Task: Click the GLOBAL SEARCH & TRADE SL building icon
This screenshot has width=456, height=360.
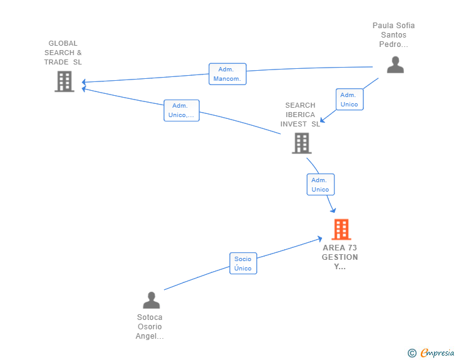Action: click(x=65, y=81)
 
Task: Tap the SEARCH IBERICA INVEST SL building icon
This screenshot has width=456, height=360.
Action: click(x=302, y=143)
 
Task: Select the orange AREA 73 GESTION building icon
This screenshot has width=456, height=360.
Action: click(x=341, y=230)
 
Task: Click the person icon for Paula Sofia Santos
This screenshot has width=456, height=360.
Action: click(x=395, y=64)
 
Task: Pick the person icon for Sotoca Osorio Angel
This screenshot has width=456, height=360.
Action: click(x=152, y=300)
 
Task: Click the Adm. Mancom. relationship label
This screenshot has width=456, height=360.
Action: click(x=227, y=74)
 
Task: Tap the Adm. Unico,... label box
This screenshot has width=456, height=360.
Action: click(x=181, y=110)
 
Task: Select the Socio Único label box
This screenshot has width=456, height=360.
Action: click(x=243, y=264)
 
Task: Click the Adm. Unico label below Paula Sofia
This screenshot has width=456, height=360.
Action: click(x=349, y=100)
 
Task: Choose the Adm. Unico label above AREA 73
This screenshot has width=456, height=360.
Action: click(x=320, y=185)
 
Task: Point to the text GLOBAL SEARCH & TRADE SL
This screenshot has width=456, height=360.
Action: click(x=63, y=53)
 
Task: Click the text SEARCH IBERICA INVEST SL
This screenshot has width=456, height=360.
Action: click(x=300, y=115)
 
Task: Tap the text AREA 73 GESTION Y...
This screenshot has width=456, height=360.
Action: click(x=340, y=257)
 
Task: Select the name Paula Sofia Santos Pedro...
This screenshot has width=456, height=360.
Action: click(x=393, y=35)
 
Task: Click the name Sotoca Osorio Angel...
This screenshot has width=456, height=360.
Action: click(x=150, y=326)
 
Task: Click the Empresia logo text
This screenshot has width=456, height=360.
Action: click(x=437, y=352)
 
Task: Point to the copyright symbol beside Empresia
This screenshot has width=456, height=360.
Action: click(x=412, y=353)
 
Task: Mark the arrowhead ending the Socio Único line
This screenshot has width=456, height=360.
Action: click(x=320, y=238)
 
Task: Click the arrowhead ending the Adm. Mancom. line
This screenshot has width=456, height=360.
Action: click(x=83, y=82)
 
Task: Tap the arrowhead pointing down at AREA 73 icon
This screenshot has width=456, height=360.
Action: click(x=333, y=210)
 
